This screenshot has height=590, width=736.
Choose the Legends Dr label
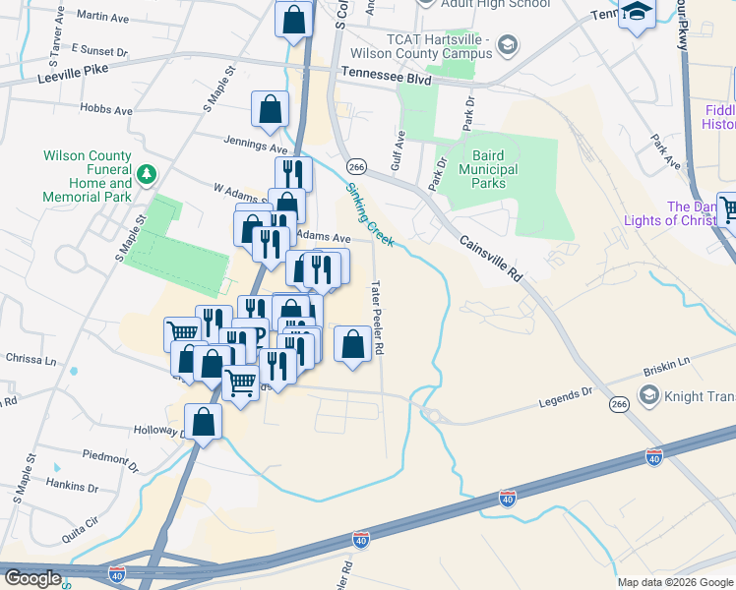click(x=566, y=399)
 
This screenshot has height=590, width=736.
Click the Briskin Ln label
click(x=667, y=366)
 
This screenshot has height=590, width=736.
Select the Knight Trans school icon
click(x=648, y=395)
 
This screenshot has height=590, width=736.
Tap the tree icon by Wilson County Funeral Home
click(x=147, y=174)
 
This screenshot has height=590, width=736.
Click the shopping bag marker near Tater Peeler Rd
click(x=352, y=344)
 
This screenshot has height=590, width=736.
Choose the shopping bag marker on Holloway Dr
click(x=203, y=423)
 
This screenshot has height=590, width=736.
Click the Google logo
click(x=32, y=578)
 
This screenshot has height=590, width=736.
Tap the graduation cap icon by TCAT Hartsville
click(x=507, y=44)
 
